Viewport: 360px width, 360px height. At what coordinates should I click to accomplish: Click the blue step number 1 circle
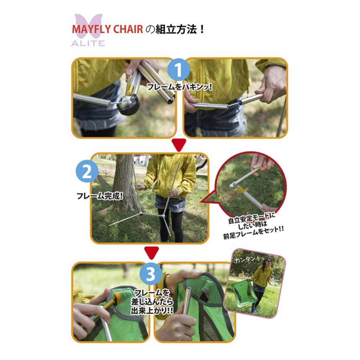click(178, 70)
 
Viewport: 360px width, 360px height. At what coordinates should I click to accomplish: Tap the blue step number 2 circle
click(87, 172)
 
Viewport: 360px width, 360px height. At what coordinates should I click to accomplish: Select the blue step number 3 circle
click(151, 274)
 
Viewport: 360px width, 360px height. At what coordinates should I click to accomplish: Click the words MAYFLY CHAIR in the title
click(108, 30)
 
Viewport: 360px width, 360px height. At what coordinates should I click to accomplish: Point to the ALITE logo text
click(88, 43)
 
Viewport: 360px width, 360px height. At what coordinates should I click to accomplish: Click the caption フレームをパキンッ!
click(179, 87)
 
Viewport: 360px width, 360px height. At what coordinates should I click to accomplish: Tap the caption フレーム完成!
click(100, 196)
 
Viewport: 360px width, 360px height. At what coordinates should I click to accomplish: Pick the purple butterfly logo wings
click(88, 26)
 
